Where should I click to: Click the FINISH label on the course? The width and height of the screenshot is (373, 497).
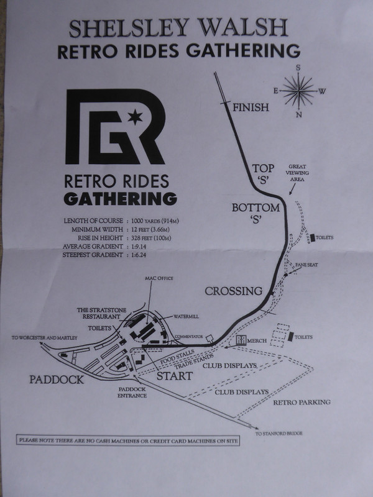tap(251, 107)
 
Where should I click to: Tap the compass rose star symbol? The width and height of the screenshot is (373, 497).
tap(299, 91)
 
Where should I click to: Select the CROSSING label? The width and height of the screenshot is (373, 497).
tap(234, 291)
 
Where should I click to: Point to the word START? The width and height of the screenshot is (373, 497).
tap(175, 376)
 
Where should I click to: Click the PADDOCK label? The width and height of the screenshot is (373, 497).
tap(57, 380)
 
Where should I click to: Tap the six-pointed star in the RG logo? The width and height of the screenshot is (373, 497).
tap(135, 117)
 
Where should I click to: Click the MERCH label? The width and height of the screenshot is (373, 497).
tap(257, 340)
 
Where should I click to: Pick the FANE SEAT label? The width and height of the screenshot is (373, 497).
tap(306, 265)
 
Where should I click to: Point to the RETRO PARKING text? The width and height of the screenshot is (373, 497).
tap(302, 402)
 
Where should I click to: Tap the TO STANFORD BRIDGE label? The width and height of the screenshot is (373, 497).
tap(279, 433)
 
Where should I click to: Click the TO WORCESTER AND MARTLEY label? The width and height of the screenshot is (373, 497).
tap(44, 338)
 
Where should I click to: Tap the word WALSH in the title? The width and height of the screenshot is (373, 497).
tap(243, 28)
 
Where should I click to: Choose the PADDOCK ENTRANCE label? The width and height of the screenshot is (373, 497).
tap(132, 393)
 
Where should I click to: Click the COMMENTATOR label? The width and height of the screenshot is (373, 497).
tap(189, 336)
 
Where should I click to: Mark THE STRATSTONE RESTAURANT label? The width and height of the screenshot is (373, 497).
tap(101, 313)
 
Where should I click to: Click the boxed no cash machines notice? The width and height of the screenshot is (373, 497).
tap(128, 440)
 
